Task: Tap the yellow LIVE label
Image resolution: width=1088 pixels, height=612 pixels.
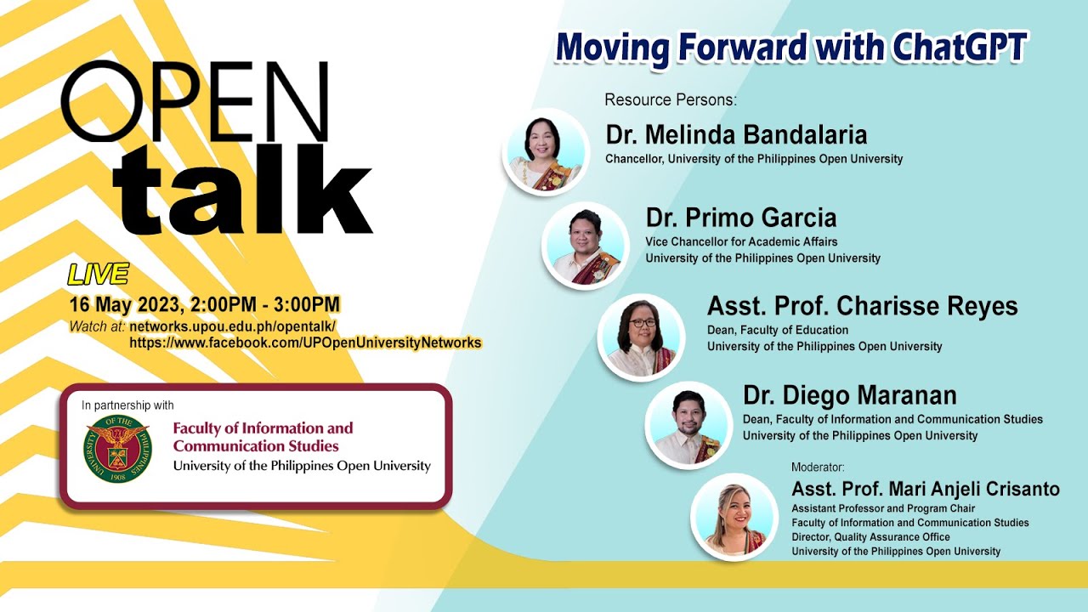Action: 98,274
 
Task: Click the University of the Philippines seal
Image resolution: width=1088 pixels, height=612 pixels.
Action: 117,448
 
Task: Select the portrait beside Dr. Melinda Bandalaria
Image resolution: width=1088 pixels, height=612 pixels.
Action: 546,152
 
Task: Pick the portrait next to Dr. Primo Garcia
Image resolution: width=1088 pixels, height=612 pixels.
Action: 586,246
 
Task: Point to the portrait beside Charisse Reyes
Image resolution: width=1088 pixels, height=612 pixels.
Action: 641,337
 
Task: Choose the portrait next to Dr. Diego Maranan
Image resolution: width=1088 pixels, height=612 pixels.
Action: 688,426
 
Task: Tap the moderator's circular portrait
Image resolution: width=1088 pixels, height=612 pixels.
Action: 734,518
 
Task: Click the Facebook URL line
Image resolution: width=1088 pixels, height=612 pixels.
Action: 305,343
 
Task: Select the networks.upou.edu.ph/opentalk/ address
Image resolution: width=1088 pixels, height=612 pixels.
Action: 232,326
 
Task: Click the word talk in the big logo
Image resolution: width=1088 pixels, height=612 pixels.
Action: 243,190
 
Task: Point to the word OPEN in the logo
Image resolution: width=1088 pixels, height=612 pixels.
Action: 195,101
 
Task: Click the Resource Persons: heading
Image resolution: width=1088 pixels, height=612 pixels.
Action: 671,100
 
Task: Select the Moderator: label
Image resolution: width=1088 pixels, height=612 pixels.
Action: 818,467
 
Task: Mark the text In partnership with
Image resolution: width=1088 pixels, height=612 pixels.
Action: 127,405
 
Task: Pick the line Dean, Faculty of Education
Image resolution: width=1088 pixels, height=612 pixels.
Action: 778,331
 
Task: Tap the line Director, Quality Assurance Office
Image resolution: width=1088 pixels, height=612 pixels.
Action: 871,537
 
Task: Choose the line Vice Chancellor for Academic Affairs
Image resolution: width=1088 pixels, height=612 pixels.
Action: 741,242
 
